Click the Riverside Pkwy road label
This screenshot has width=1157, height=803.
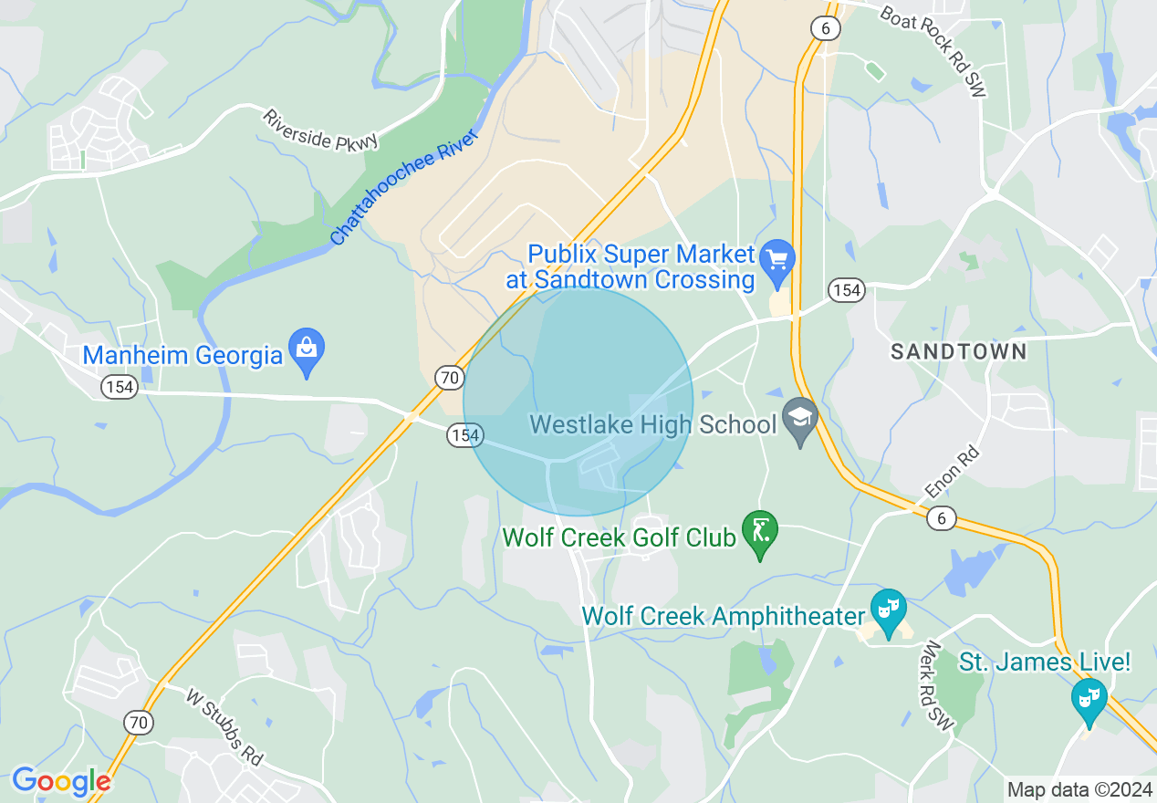tap(319, 130)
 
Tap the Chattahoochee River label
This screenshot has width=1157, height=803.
tap(404, 188)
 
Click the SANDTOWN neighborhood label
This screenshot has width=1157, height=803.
tap(958, 351)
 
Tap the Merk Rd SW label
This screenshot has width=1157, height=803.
tap(938, 684)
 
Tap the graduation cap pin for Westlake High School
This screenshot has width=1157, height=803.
tap(800, 421)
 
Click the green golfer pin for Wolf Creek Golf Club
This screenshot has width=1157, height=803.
tap(759, 533)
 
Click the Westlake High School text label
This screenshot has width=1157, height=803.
tap(653, 424)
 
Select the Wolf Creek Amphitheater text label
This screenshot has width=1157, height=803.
tap(723, 616)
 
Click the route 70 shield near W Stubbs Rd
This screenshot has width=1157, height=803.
tap(139, 723)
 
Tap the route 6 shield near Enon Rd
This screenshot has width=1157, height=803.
tap(941, 518)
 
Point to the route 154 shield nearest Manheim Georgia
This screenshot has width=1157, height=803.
tap(120, 388)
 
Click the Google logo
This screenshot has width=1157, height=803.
tap(61, 781)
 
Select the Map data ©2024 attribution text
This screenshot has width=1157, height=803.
tap(1079, 789)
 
